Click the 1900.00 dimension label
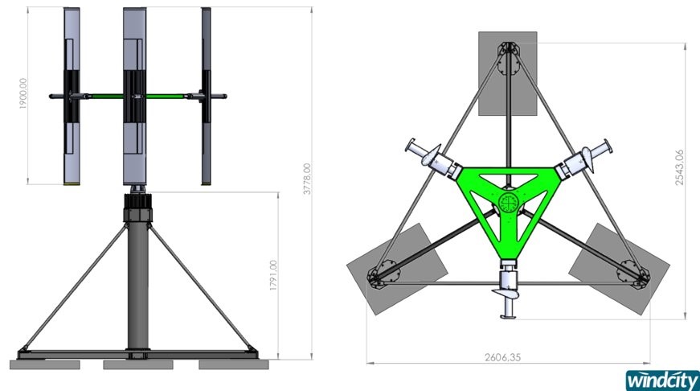[x=23, y=93]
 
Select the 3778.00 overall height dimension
[x=307, y=179]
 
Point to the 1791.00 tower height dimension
[x=273, y=275]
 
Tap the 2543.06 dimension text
[x=679, y=167]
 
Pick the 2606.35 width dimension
[x=502, y=357]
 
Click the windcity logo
[x=662, y=381]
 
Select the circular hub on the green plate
[x=508, y=204]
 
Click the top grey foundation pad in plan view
[x=508, y=73]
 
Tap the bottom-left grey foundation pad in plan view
[x=397, y=269]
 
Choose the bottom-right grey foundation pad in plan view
[x=619, y=269]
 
